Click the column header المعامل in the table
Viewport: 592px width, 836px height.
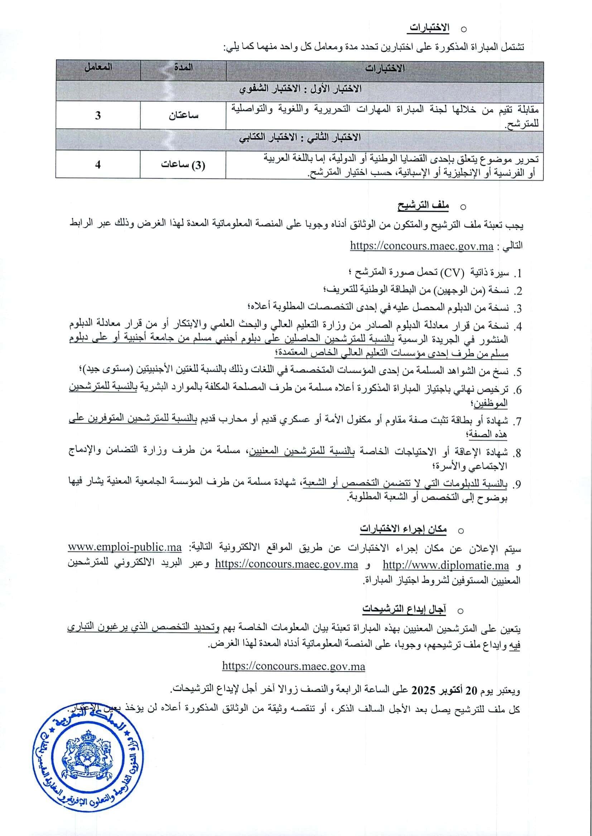[98, 68]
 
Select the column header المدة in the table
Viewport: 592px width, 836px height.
[183, 68]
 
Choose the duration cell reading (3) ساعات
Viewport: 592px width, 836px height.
[183, 165]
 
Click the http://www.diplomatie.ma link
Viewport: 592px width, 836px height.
[446, 566]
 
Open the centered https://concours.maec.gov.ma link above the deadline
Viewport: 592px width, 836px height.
[293, 667]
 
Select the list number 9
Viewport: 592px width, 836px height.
[517, 485]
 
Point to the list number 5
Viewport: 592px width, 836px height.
[517, 372]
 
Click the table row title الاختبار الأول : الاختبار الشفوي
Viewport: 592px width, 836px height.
[300, 88]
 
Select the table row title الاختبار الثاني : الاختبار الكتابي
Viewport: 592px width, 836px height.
[300, 138]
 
